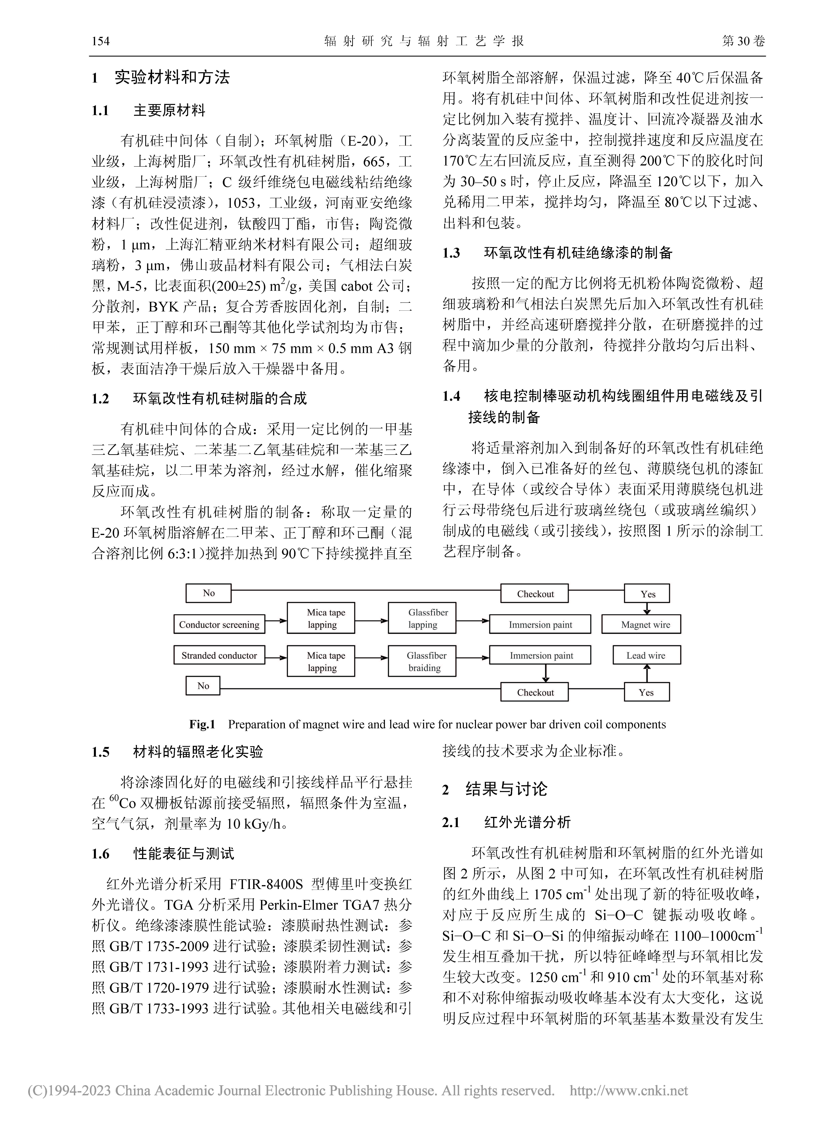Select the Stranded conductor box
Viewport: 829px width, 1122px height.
(x=219, y=655)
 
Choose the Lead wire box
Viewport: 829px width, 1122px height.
(x=646, y=655)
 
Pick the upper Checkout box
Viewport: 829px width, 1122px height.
(x=535, y=593)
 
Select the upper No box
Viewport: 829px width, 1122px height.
(x=208, y=593)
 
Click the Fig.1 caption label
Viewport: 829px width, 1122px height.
(x=202, y=724)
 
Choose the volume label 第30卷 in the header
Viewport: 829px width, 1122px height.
(x=743, y=41)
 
